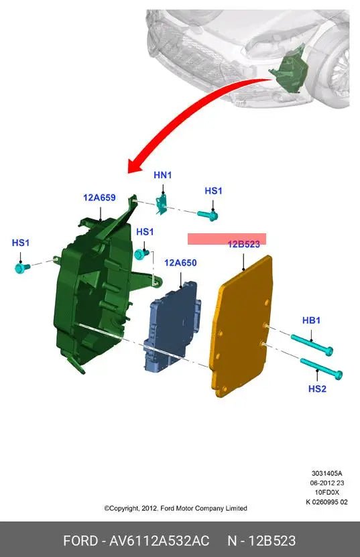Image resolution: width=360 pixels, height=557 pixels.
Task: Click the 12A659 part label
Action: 99,198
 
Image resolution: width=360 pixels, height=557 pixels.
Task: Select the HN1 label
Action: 163,175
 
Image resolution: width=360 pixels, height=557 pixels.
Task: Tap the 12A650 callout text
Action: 180,263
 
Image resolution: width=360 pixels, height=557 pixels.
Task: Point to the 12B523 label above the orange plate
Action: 244,244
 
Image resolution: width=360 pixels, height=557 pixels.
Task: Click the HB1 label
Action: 311,320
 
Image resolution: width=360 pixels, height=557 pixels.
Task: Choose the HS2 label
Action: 317,389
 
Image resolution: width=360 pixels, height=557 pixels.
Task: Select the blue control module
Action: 172,326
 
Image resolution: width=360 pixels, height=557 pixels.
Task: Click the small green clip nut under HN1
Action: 162,204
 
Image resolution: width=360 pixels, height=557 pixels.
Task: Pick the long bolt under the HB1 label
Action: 312,343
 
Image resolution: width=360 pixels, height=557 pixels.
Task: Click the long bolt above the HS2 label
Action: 321,369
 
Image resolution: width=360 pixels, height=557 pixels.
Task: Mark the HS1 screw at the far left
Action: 22,267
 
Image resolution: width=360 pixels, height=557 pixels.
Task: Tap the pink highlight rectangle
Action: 227,239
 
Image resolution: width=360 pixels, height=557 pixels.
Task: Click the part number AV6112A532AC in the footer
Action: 159,541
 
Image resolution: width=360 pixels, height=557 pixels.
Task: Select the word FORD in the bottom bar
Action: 80,541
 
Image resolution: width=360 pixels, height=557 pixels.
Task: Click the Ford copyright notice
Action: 176,508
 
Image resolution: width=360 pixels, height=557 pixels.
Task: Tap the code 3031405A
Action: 327,473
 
